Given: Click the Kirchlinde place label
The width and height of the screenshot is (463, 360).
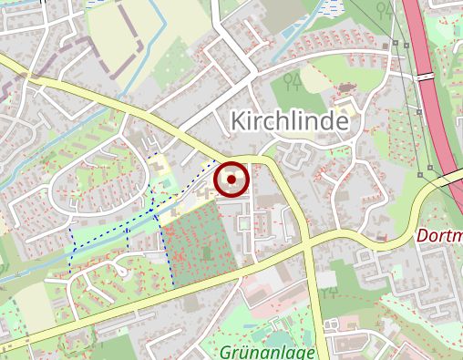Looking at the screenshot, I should pos(291,120).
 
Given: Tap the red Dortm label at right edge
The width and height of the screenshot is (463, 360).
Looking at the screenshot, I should pos(439,235).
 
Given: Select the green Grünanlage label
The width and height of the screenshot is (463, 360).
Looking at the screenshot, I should pos(267,352).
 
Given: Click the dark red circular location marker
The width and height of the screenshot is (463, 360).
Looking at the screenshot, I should pos(231,179).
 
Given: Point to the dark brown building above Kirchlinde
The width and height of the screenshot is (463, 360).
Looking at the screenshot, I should pos(346,87).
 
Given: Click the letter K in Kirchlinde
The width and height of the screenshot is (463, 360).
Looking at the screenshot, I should pos(239,120).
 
